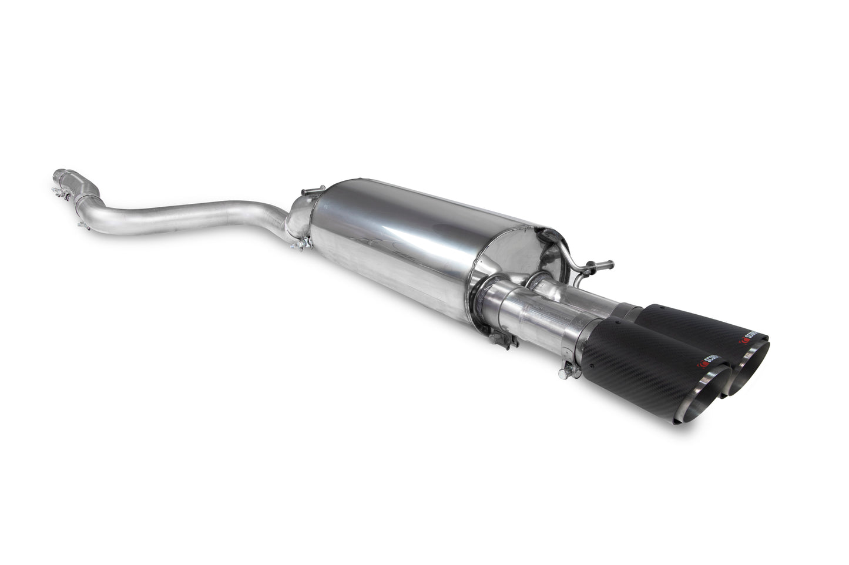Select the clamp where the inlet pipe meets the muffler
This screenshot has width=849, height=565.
[299, 241]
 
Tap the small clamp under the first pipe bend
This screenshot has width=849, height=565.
[83, 224]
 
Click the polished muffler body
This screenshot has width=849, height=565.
[400, 241]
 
